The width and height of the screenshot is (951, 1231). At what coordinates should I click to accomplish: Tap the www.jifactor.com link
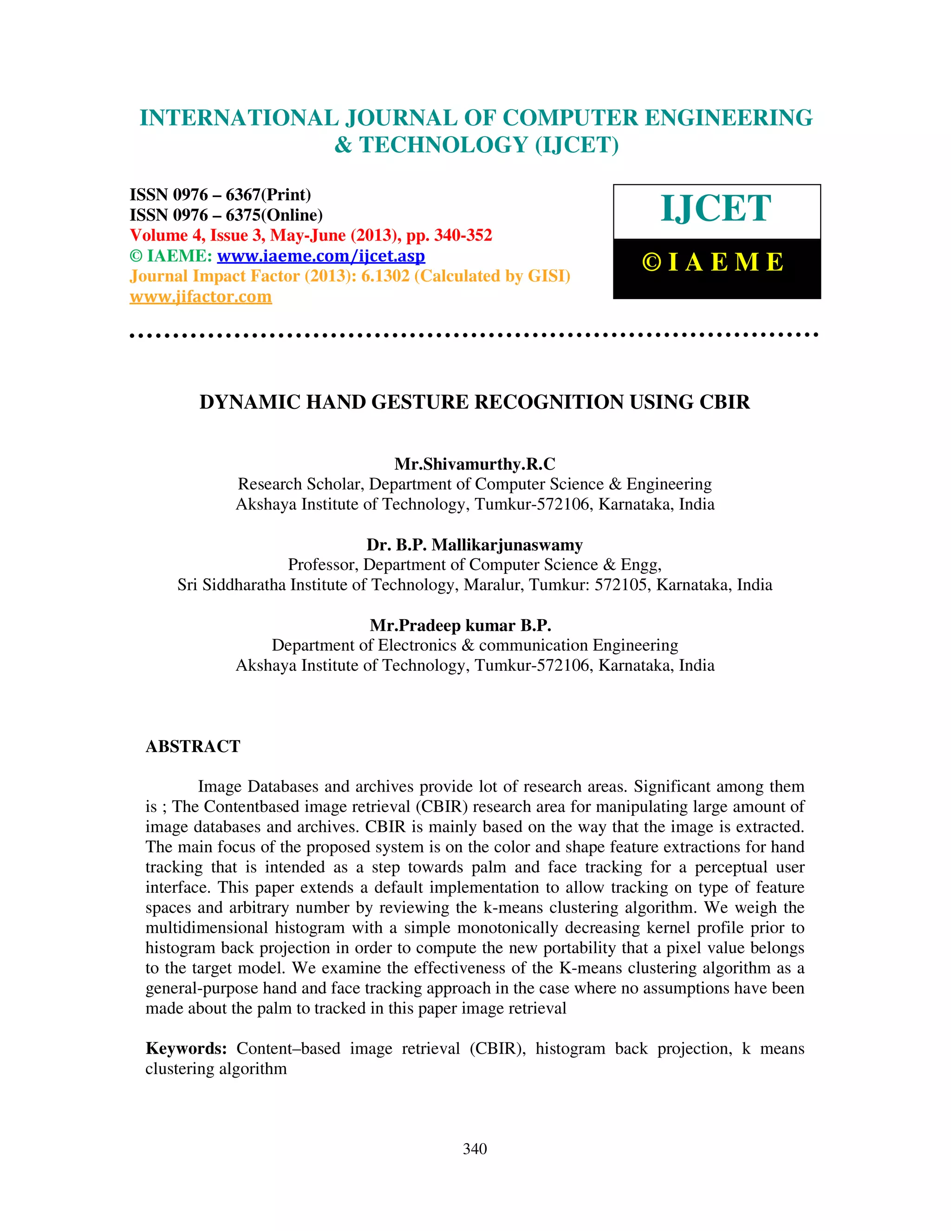click(201, 296)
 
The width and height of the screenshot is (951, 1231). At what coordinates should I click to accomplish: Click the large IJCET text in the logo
click(716, 209)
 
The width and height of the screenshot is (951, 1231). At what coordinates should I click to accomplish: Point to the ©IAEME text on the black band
click(713, 262)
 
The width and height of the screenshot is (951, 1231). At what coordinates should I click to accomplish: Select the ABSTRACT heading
click(193, 746)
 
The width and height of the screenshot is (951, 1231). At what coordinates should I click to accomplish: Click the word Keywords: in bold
click(186, 1048)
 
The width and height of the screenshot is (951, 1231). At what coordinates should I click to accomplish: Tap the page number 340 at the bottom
click(475, 1149)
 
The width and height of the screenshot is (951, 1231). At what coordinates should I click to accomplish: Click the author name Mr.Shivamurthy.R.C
click(475, 464)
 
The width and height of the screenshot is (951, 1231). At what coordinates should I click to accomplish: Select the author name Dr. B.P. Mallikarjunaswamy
click(475, 545)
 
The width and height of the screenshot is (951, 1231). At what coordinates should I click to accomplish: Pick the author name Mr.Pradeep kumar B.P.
click(460, 626)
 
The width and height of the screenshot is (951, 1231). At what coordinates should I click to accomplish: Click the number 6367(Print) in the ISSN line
click(268, 195)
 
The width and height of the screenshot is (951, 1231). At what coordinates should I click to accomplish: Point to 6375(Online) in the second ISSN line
click(274, 216)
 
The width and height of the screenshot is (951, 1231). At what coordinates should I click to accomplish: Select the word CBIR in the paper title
click(724, 402)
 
